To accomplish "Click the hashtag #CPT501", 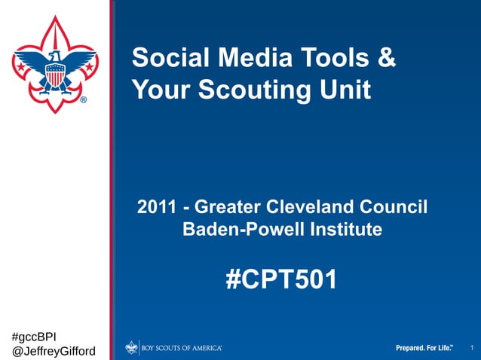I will [x=282, y=280].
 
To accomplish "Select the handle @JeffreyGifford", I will [x=54, y=350].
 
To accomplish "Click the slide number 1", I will [x=471, y=347].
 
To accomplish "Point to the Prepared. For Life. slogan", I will [x=424, y=347].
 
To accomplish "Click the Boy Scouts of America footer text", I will [x=182, y=347].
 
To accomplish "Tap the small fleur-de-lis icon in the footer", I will [x=132, y=347].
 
